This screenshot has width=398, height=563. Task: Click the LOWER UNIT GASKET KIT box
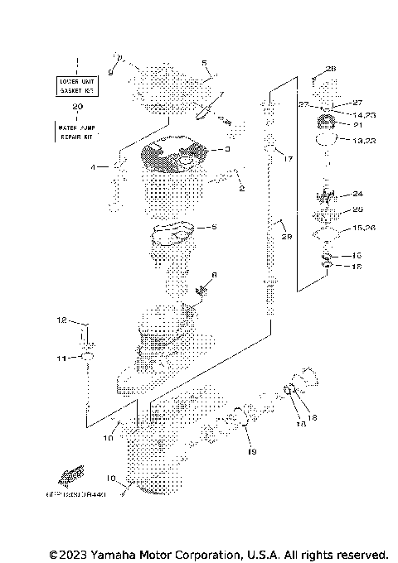click(77, 86)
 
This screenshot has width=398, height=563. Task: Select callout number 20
click(77, 107)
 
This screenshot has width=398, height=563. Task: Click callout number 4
click(95, 167)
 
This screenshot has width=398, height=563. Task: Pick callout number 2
click(241, 189)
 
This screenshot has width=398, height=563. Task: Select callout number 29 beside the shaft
click(286, 238)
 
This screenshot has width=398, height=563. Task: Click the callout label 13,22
click(364, 142)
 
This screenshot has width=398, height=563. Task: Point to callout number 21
click(359, 125)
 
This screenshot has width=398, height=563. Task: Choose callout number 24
click(358, 195)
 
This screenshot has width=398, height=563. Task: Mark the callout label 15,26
click(364, 227)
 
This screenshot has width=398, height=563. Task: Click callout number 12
click(61, 319)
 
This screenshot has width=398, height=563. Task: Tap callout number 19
click(252, 452)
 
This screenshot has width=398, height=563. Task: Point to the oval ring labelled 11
click(85, 357)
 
